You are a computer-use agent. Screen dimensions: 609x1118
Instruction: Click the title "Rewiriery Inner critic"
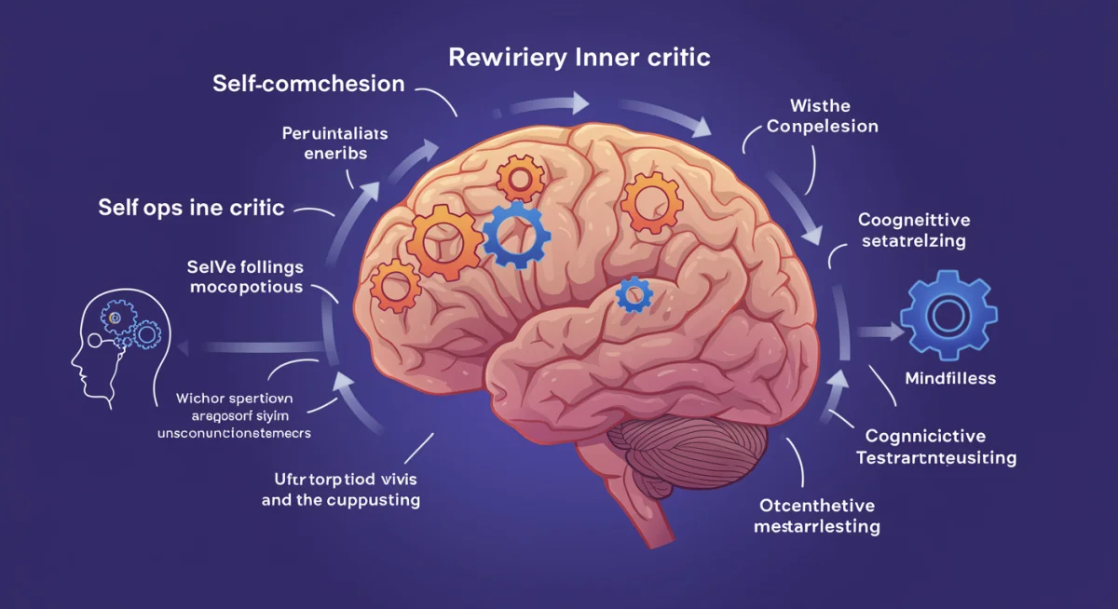click(579, 58)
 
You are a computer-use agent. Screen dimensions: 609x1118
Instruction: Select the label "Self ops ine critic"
click(191, 207)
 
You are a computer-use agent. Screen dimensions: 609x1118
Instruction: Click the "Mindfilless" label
click(950, 378)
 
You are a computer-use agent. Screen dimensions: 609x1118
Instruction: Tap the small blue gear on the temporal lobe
click(634, 294)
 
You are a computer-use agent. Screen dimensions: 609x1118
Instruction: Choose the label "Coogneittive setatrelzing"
click(913, 230)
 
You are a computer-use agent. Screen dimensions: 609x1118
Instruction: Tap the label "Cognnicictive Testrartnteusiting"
click(936, 447)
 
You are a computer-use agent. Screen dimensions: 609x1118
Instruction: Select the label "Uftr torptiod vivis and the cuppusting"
click(340, 491)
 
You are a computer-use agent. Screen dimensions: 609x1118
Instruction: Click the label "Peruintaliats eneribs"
click(334, 143)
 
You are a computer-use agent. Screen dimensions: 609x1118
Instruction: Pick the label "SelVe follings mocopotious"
click(246, 277)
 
